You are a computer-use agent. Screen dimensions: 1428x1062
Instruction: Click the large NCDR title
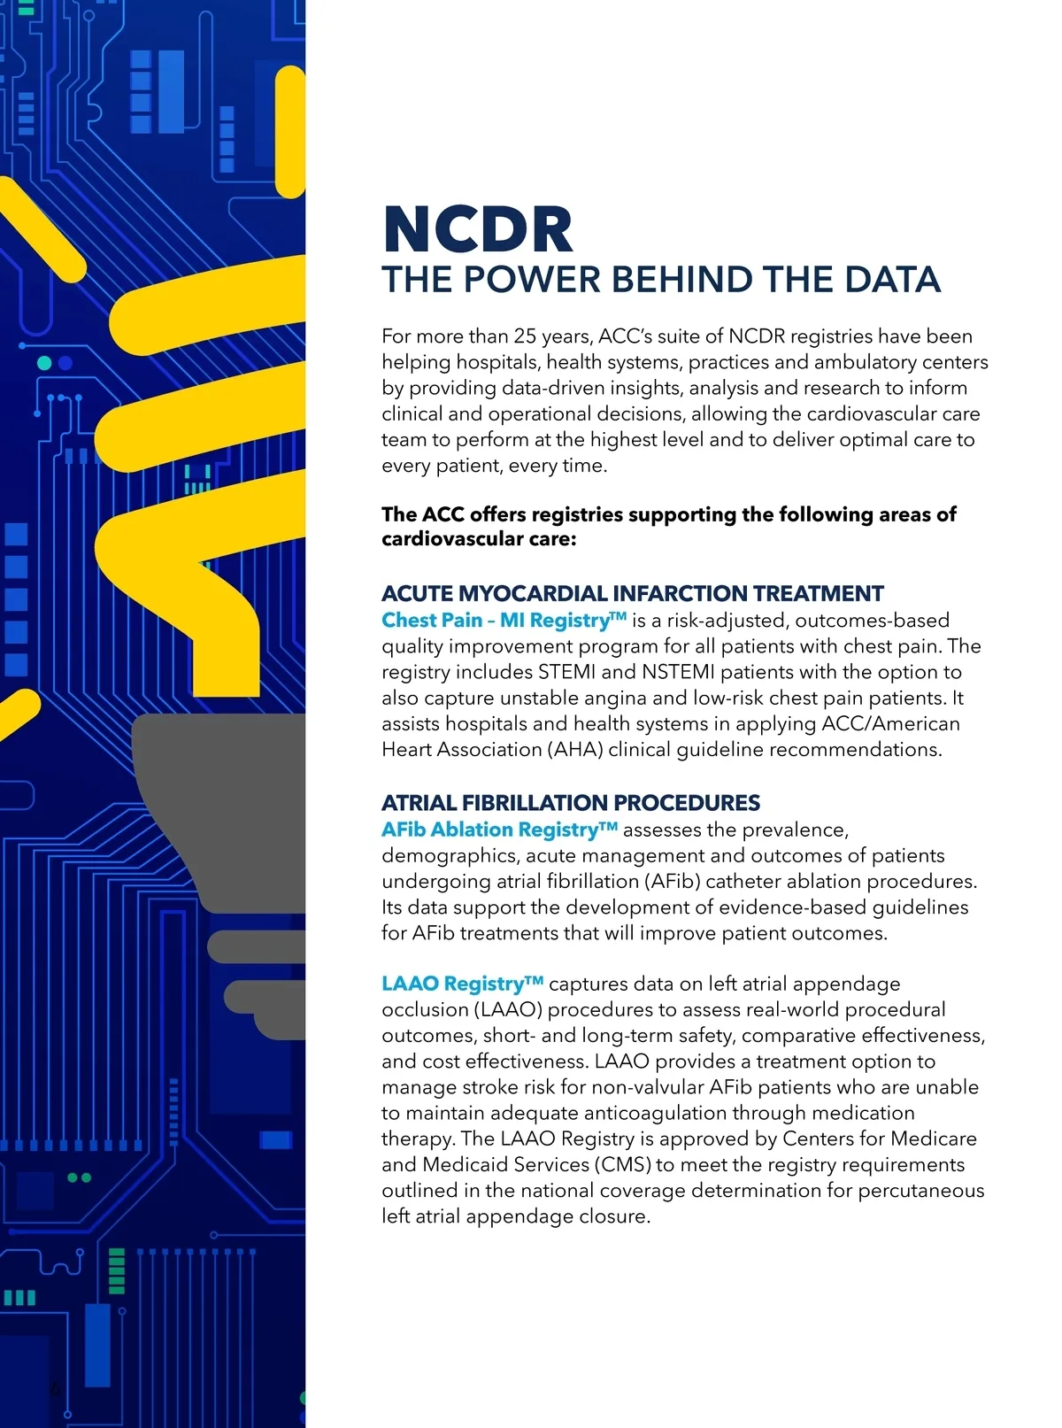pyautogui.click(x=478, y=229)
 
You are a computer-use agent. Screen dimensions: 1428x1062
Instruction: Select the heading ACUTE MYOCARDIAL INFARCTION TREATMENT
pyautogui.click(x=633, y=593)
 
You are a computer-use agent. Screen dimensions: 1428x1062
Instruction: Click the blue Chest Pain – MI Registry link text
pyautogui.click(x=504, y=620)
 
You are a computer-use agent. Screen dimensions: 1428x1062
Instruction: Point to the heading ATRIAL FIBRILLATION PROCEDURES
pyautogui.click(x=571, y=803)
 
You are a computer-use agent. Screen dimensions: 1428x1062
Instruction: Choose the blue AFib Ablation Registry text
pyautogui.click(x=499, y=830)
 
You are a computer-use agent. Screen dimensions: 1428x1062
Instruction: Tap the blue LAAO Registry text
pyautogui.click(x=462, y=984)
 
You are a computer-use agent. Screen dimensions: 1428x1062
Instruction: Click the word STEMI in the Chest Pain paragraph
pyautogui.click(x=566, y=672)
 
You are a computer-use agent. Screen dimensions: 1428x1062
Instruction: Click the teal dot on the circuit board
pyautogui.click(x=43, y=363)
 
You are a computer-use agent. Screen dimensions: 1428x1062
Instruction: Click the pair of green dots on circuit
pyautogui.click(x=80, y=1177)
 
